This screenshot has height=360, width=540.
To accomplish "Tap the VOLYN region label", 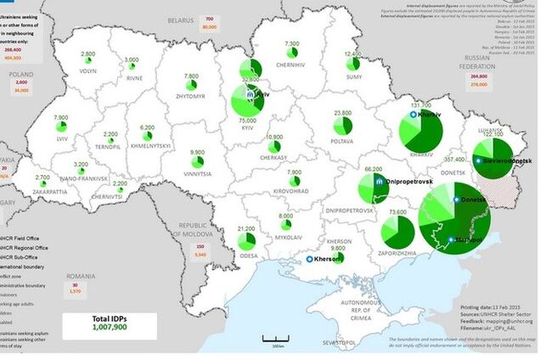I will coord(88,72).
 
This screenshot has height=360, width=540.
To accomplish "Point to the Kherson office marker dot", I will coord(311,259).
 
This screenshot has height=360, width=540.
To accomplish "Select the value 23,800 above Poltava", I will coord(343,112).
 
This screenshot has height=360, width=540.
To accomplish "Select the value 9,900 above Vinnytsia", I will coord(197,152).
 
